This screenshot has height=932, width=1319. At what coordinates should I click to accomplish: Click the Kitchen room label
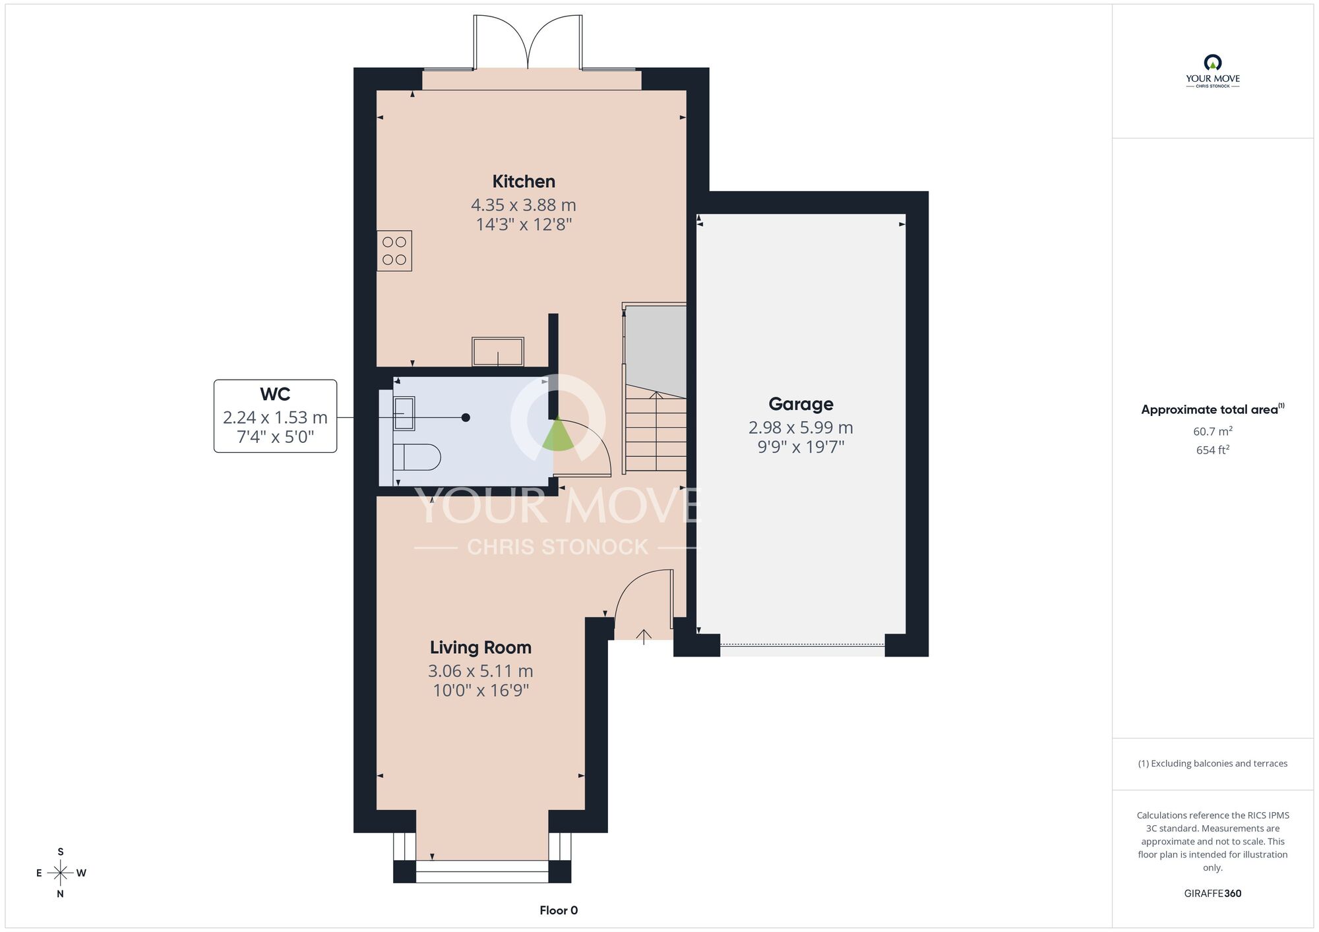pyautogui.click(x=524, y=181)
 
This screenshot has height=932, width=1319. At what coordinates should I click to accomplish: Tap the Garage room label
pyautogui.click(x=801, y=404)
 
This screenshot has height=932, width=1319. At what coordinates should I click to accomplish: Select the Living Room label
pyautogui.click(x=481, y=647)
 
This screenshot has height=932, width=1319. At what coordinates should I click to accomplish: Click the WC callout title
pyautogui.click(x=275, y=394)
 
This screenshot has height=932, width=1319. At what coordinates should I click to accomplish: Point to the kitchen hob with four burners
pyautogui.click(x=394, y=250)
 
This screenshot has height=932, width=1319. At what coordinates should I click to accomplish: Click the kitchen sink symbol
pyautogui.click(x=498, y=351)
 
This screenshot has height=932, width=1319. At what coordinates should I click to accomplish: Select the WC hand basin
pyautogui.click(x=404, y=413)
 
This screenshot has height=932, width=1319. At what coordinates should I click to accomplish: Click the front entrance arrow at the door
pyautogui.click(x=644, y=636)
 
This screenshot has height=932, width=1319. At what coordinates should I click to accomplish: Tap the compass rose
pyautogui.click(x=61, y=873)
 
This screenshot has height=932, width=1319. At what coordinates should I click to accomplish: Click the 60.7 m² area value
pyautogui.click(x=1213, y=431)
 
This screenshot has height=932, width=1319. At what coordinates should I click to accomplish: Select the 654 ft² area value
pyautogui.click(x=1213, y=450)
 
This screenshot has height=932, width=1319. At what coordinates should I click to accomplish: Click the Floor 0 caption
pyautogui.click(x=559, y=910)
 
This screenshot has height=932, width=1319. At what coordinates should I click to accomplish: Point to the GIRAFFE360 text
pyautogui.click(x=1213, y=894)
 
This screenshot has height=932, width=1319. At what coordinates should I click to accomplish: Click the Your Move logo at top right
pyautogui.click(x=1213, y=71)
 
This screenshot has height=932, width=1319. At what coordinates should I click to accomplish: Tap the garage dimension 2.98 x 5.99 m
pyautogui.click(x=801, y=428)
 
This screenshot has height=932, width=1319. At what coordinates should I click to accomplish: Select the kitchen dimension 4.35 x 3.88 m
pyautogui.click(x=524, y=205)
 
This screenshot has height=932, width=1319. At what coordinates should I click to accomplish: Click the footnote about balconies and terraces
pyautogui.click(x=1213, y=763)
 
